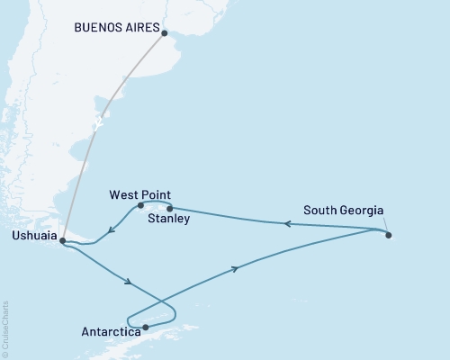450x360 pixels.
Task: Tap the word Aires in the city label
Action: pyautogui.click(x=137, y=27)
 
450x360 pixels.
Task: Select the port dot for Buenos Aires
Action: pyautogui.click(x=164, y=33)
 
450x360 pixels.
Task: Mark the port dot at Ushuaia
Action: pyautogui.click(x=62, y=240)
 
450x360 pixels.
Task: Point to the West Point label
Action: pyautogui.click(x=139, y=194)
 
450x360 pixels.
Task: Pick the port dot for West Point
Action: pyautogui.click(x=141, y=205)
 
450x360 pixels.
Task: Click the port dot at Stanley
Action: pyautogui.click(x=170, y=208)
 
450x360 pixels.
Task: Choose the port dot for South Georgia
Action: pyautogui.click(x=389, y=236)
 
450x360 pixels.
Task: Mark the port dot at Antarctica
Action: pyautogui.click(x=145, y=328)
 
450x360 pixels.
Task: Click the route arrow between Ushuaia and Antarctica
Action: pyautogui.click(x=131, y=283)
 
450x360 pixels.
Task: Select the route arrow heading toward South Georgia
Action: pyautogui.click(x=237, y=268)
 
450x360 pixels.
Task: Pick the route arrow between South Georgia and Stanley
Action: pyautogui.click(x=288, y=224)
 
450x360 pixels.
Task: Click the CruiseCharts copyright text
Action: pyautogui.click(x=5, y=328)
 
